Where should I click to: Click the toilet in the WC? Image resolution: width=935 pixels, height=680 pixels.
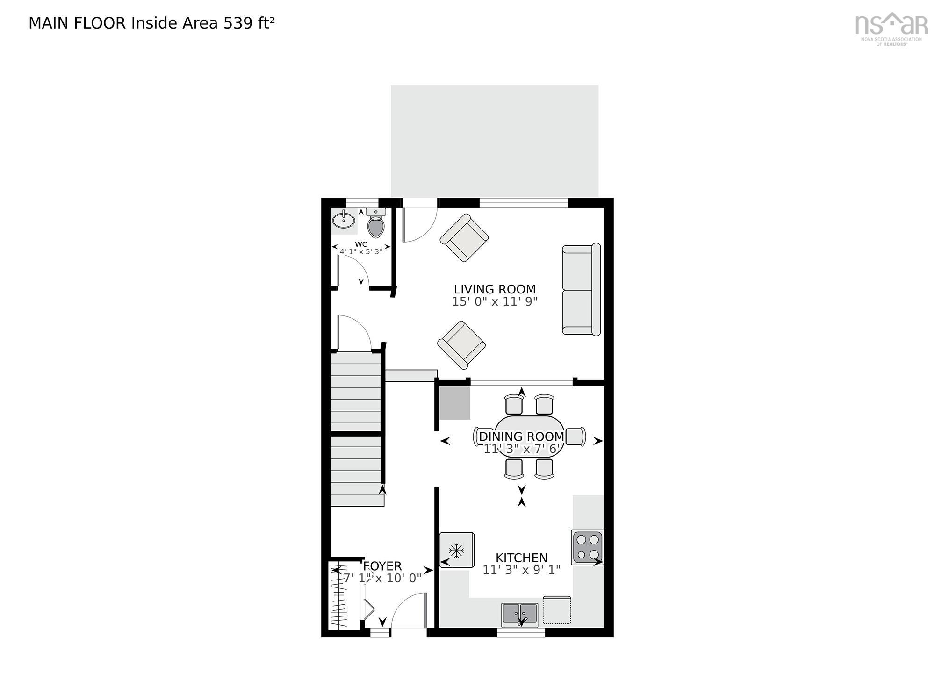tap(376, 225)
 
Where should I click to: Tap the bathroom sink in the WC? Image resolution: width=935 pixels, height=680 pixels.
tap(344, 220)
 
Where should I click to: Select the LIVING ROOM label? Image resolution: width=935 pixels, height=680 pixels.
tap(495, 289)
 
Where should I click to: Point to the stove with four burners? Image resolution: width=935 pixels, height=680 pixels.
tap(588, 547)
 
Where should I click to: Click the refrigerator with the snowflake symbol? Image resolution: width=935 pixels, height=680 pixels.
tap(457, 550)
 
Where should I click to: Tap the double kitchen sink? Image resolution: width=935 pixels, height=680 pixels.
tap(520, 615)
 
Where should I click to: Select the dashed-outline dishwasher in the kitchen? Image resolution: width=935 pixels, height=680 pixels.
tap(557, 610)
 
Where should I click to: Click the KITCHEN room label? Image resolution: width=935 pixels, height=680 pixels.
tap(521, 558)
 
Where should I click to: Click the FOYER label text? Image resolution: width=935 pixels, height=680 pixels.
tap(382, 566)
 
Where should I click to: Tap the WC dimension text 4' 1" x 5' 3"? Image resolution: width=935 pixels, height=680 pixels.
tap(361, 251)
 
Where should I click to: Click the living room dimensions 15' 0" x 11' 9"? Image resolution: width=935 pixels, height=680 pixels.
tap(495, 302)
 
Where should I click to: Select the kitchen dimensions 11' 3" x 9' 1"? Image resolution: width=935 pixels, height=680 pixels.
tap(521, 570)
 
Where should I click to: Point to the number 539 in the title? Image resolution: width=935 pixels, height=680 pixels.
tap(238, 23)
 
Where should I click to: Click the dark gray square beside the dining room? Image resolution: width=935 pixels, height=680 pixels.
tap(454, 402)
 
